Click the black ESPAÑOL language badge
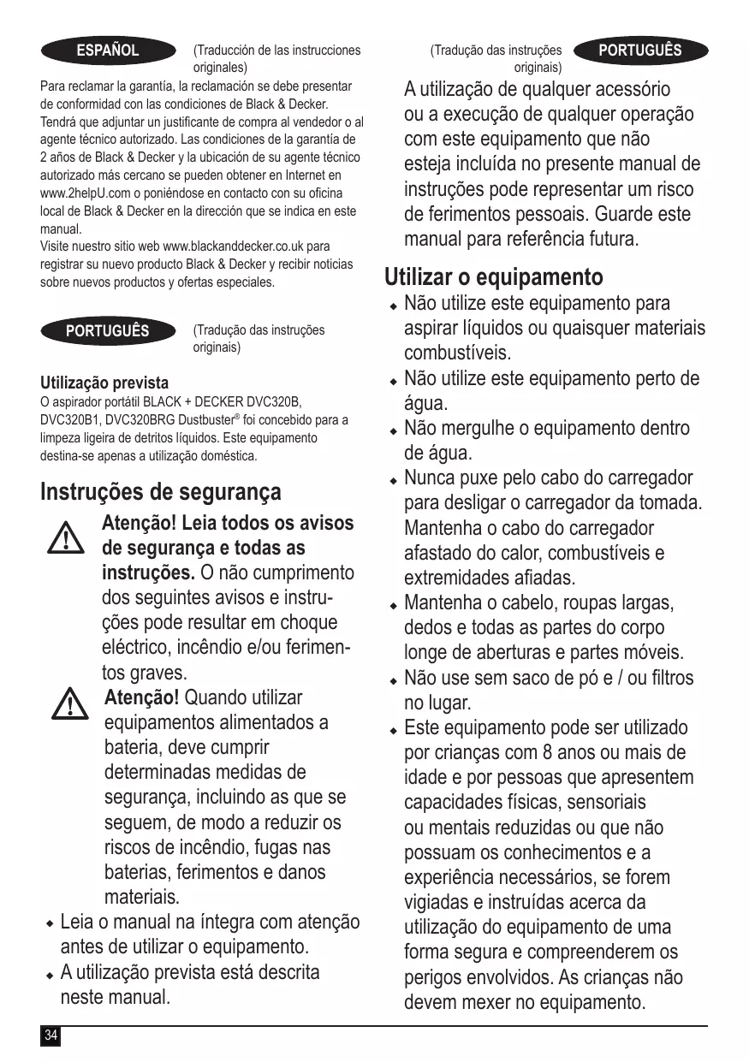click(108, 50)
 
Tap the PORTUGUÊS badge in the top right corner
click(640, 50)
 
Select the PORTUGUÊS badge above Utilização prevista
click(108, 330)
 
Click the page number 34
click(51, 1036)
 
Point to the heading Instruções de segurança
click(160, 492)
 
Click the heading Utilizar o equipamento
click(493, 277)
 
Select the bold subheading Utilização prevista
click(104, 383)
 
